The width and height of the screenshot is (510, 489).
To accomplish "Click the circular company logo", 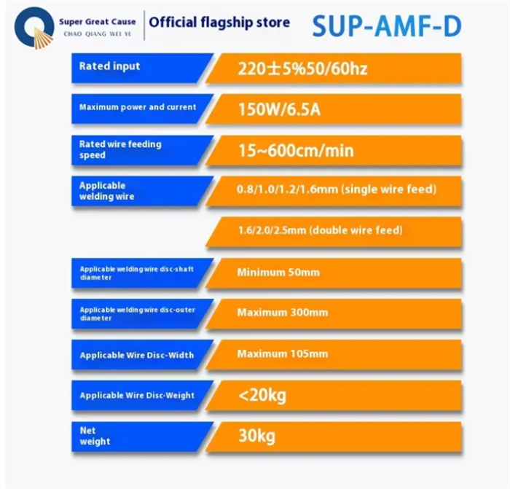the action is coord(34,28).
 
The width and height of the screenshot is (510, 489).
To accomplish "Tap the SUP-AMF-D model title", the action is coord(387,26).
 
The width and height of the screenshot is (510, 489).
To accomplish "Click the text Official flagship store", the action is coord(219,23).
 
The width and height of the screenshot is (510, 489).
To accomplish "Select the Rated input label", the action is coord(109,66).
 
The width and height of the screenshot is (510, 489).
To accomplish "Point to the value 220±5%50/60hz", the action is coord(302,69).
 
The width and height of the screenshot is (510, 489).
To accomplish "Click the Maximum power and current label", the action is coord(138,107).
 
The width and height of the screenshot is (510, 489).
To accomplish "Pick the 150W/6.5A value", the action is coord(279,109).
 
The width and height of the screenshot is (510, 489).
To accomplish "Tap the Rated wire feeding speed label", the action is coord(120,149).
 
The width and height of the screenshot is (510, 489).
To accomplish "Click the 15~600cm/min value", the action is coord(296,151).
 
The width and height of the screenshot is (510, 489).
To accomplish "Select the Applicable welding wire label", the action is coord(106,191).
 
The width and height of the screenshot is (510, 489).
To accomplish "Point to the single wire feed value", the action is coord(337,189).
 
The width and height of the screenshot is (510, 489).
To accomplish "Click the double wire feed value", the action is coord(321,230).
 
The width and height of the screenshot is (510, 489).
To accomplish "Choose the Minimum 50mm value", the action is coord(278,272).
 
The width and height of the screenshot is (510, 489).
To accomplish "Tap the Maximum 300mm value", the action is coord(283,313).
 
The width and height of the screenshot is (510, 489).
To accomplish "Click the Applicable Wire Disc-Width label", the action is coord(137,355).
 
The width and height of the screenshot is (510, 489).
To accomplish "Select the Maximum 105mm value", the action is coord(283,353).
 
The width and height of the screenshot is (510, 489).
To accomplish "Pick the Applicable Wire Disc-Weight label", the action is coord(137,395).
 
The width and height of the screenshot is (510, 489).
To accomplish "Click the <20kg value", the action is coord(262,396).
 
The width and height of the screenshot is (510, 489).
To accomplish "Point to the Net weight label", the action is coord(95,436).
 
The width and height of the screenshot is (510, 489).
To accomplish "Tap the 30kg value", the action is coord(256,437).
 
